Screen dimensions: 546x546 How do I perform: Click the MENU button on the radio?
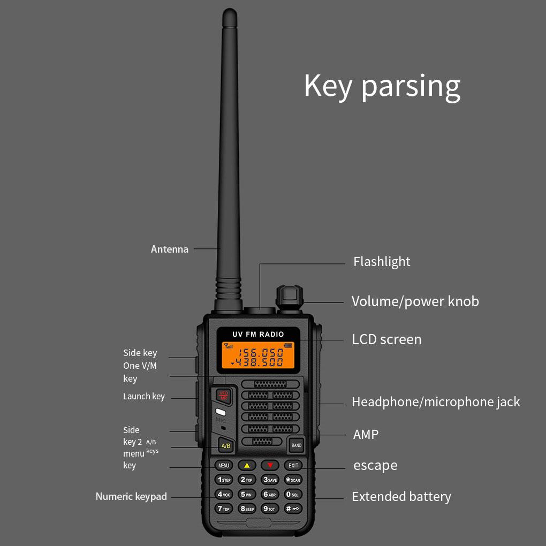[x=224, y=465]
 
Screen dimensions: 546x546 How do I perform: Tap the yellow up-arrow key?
[x=247, y=465]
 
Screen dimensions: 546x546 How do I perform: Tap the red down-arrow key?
[x=270, y=465]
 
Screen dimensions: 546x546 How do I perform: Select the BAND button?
[x=296, y=445]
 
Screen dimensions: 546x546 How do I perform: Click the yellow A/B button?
[x=226, y=445]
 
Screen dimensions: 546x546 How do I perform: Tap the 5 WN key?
[x=247, y=494]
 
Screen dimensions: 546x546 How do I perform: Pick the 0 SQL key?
[x=293, y=494]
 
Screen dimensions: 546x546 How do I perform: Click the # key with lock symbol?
[x=293, y=509]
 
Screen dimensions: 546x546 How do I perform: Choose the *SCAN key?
[x=293, y=480]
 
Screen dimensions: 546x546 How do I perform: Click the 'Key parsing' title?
[x=382, y=86]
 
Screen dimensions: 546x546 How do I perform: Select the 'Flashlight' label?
[x=382, y=262]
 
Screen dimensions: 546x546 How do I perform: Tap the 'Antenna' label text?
[x=169, y=249]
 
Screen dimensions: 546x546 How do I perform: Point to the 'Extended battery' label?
[x=401, y=497]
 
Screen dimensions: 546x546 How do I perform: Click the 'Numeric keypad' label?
[x=131, y=497]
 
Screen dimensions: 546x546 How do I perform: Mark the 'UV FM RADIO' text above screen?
[x=258, y=334]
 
